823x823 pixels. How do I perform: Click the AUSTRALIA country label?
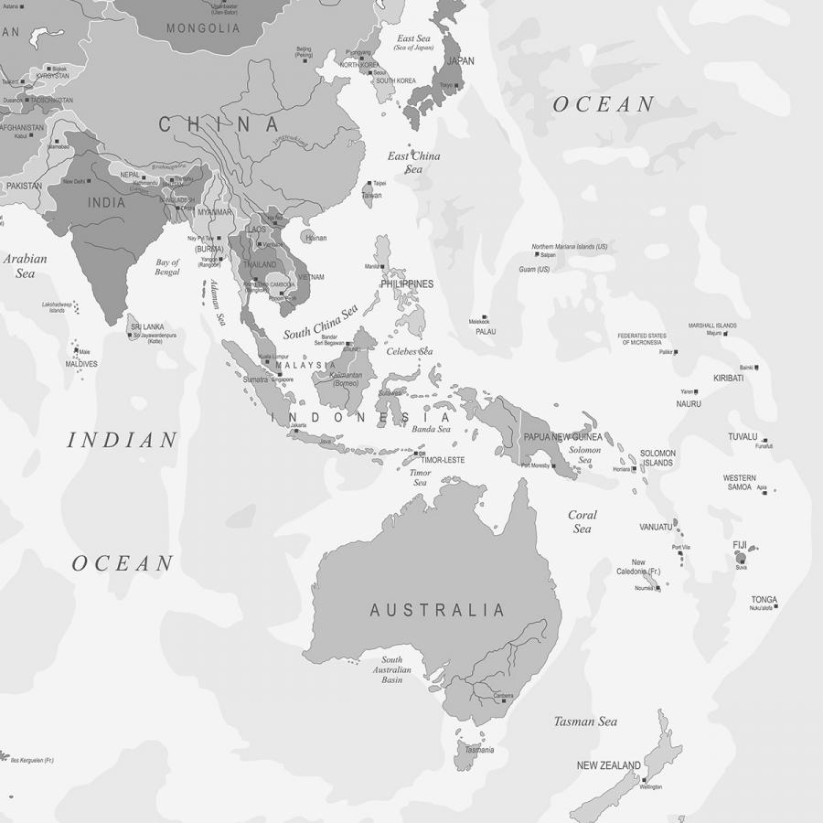[437, 610]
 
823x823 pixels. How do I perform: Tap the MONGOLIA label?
[203, 28]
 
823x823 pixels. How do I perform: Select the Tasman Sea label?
[585, 721]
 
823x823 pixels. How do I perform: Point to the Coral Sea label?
[583, 521]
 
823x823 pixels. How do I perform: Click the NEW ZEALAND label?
[608, 765]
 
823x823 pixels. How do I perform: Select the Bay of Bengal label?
[167, 267]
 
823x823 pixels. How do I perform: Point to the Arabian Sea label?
[25, 266]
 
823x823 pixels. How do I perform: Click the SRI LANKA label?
[146, 326]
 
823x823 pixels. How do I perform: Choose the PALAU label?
[486, 332]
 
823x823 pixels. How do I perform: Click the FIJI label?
[740, 545]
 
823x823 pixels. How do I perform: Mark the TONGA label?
[764, 600]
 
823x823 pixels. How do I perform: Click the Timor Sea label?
[420, 477]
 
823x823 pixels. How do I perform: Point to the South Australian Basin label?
[391, 670]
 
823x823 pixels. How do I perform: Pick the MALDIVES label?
[81, 364]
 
